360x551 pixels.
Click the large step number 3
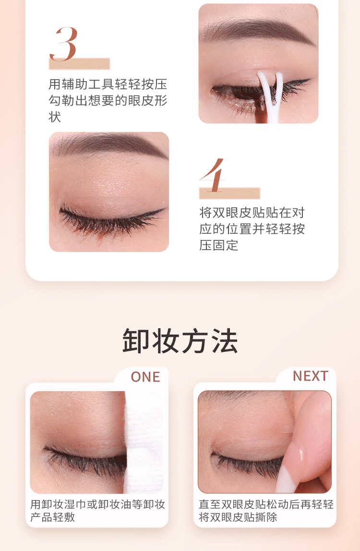pyautogui.click(x=63, y=44)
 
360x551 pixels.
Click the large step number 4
pyautogui.click(x=212, y=175)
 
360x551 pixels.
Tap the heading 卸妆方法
pyautogui.click(x=180, y=341)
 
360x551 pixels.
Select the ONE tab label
pyautogui.click(x=145, y=377)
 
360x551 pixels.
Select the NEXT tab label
pyautogui.click(x=311, y=376)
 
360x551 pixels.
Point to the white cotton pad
pyautogui.click(x=144, y=442)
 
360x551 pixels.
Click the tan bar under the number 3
pyautogui.click(x=80, y=64)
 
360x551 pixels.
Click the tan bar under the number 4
pyautogui.click(x=229, y=193)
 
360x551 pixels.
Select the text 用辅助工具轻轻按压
pyautogui.click(x=108, y=84)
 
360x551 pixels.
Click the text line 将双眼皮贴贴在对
pyautogui.click(x=252, y=213)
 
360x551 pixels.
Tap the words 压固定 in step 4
pyautogui.click(x=219, y=245)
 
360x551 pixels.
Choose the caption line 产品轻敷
pyautogui.click(x=52, y=517)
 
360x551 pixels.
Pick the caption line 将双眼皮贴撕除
pyautogui.click(x=238, y=517)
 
